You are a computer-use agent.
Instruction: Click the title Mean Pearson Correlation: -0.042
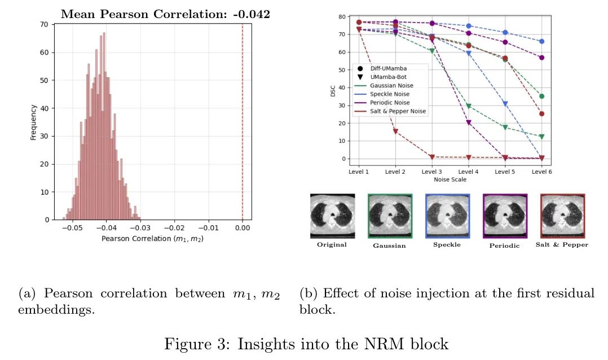pos(165,14)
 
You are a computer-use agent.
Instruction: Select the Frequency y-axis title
pos(33,121)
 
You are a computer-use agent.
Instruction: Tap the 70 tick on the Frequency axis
pos(43,25)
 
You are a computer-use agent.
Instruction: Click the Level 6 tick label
pos(541,172)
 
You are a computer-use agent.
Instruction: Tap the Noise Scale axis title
pos(450,179)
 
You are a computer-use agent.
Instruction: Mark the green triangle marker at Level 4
pos(469,106)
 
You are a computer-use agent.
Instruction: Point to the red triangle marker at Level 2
pos(395,131)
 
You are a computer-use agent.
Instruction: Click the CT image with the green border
pos(390,216)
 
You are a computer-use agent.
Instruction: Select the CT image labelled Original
pos(332,216)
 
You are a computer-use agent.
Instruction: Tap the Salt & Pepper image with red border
pos(562,216)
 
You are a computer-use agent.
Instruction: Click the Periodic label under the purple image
pos(504,245)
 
